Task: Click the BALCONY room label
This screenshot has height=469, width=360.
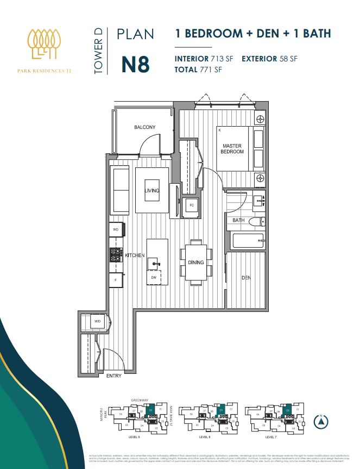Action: click(x=145, y=128)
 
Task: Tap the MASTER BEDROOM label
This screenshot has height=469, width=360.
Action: click(x=232, y=148)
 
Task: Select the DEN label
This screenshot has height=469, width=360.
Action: click(x=246, y=278)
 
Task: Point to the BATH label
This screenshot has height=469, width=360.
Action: click(x=239, y=221)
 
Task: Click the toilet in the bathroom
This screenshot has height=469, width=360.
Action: click(x=260, y=221)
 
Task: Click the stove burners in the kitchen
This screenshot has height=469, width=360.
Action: click(x=116, y=254)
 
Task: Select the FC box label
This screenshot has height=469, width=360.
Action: click(x=191, y=205)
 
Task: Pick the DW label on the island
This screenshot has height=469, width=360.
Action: click(x=154, y=278)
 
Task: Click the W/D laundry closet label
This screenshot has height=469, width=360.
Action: click(x=98, y=322)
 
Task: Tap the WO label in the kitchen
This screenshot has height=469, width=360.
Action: click(x=115, y=230)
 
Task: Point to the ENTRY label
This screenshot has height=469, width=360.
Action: click(x=114, y=376)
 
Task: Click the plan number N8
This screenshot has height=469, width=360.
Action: click(x=135, y=64)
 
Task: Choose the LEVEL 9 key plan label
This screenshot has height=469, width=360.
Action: click(x=135, y=436)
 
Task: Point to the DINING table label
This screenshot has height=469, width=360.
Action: click(x=196, y=262)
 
